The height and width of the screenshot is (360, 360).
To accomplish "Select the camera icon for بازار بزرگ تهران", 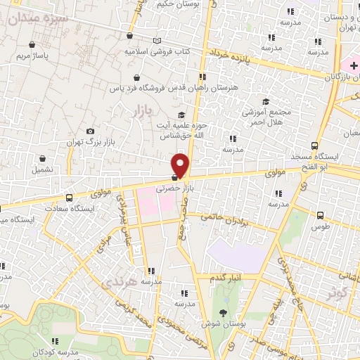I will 90,131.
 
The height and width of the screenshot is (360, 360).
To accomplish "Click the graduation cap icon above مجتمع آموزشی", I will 266,101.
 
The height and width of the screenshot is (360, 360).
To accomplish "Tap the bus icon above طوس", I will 321,216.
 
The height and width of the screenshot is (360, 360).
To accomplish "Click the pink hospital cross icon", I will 354,65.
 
